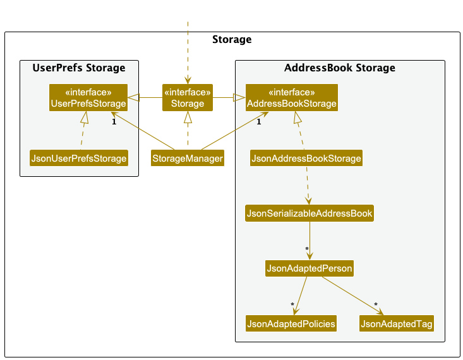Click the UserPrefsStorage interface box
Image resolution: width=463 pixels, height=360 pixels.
point(88,98)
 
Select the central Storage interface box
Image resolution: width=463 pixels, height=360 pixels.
point(188,98)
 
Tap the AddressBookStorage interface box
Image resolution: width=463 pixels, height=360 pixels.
point(292,98)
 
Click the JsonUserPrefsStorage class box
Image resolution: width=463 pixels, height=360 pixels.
point(79,158)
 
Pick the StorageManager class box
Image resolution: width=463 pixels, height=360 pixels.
point(188,158)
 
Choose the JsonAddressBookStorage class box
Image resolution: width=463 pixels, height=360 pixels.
point(306,158)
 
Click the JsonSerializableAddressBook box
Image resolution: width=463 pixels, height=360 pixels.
point(310,213)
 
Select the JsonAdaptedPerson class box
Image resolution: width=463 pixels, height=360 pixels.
point(310,268)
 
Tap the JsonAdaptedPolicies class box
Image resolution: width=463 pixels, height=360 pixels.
point(291,323)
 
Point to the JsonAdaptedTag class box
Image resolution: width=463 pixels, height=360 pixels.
point(397,323)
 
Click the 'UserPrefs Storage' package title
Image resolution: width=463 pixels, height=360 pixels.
point(79,68)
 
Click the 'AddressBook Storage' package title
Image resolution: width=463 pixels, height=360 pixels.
point(340,68)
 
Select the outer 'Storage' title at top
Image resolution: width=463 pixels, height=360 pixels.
point(232,39)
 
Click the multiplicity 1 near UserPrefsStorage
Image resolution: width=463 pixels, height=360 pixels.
point(114,122)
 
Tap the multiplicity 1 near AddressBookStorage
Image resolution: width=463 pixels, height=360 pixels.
point(259,122)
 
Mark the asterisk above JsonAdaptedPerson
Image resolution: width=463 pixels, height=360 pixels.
point(307,249)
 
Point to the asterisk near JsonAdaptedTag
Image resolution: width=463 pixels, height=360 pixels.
point(376,304)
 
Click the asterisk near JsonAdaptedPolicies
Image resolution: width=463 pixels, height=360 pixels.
point(292,304)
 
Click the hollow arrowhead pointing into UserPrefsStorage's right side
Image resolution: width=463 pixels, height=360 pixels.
point(133,97)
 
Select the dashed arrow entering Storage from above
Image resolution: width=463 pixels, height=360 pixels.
point(188,52)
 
